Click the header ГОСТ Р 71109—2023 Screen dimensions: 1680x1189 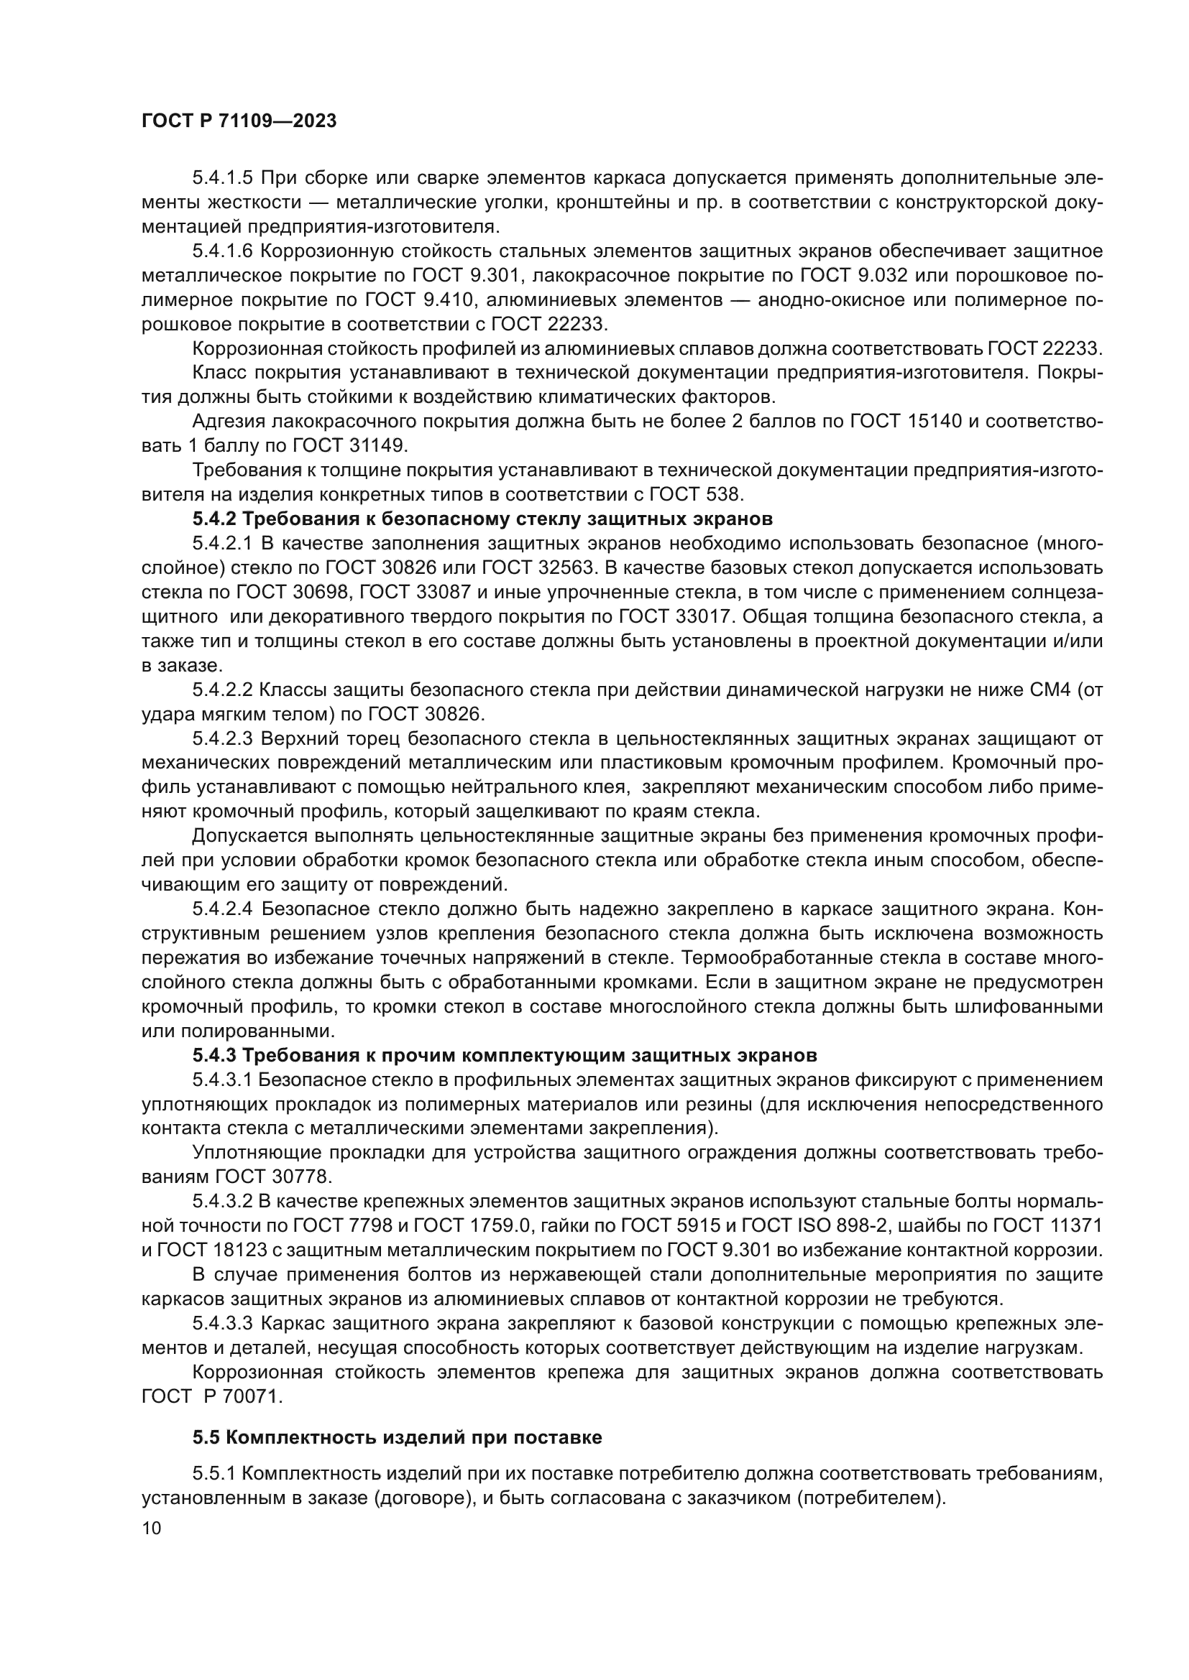[x=239, y=121]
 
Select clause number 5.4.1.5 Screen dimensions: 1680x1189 [x=222, y=178]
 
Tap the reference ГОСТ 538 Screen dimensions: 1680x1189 [x=695, y=495]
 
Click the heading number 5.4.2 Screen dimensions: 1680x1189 [x=213, y=519]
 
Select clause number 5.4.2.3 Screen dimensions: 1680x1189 [x=222, y=739]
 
